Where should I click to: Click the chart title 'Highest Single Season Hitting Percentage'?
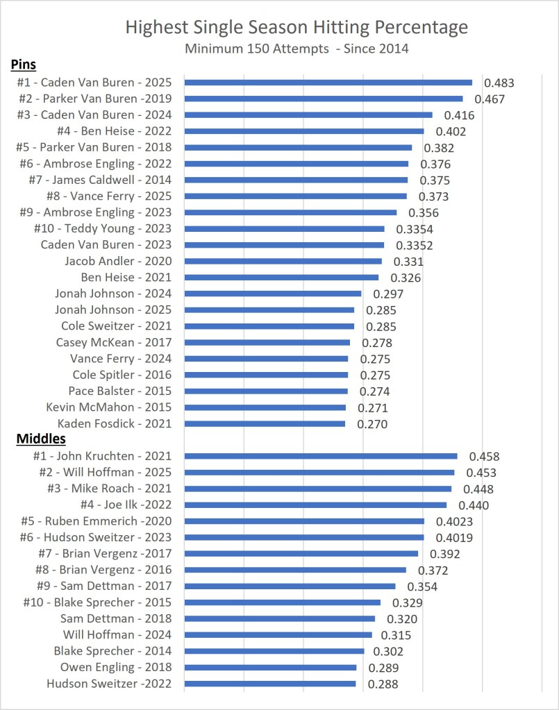click(297, 28)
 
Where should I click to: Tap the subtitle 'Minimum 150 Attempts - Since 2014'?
click(297, 49)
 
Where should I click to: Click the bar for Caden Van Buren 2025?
click(328, 83)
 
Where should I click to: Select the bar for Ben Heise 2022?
click(304, 131)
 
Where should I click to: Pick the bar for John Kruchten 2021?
click(321, 456)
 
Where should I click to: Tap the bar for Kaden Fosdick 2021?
click(265, 423)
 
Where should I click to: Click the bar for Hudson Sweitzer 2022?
click(271, 684)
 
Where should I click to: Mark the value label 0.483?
click(499, 83)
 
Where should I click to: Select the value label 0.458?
click(484, 457)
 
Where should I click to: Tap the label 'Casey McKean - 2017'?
click(114, 342)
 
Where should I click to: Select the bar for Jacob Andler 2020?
click(283, 261)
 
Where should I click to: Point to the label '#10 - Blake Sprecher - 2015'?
click(98, 602)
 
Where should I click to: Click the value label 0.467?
click(489, 99)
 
